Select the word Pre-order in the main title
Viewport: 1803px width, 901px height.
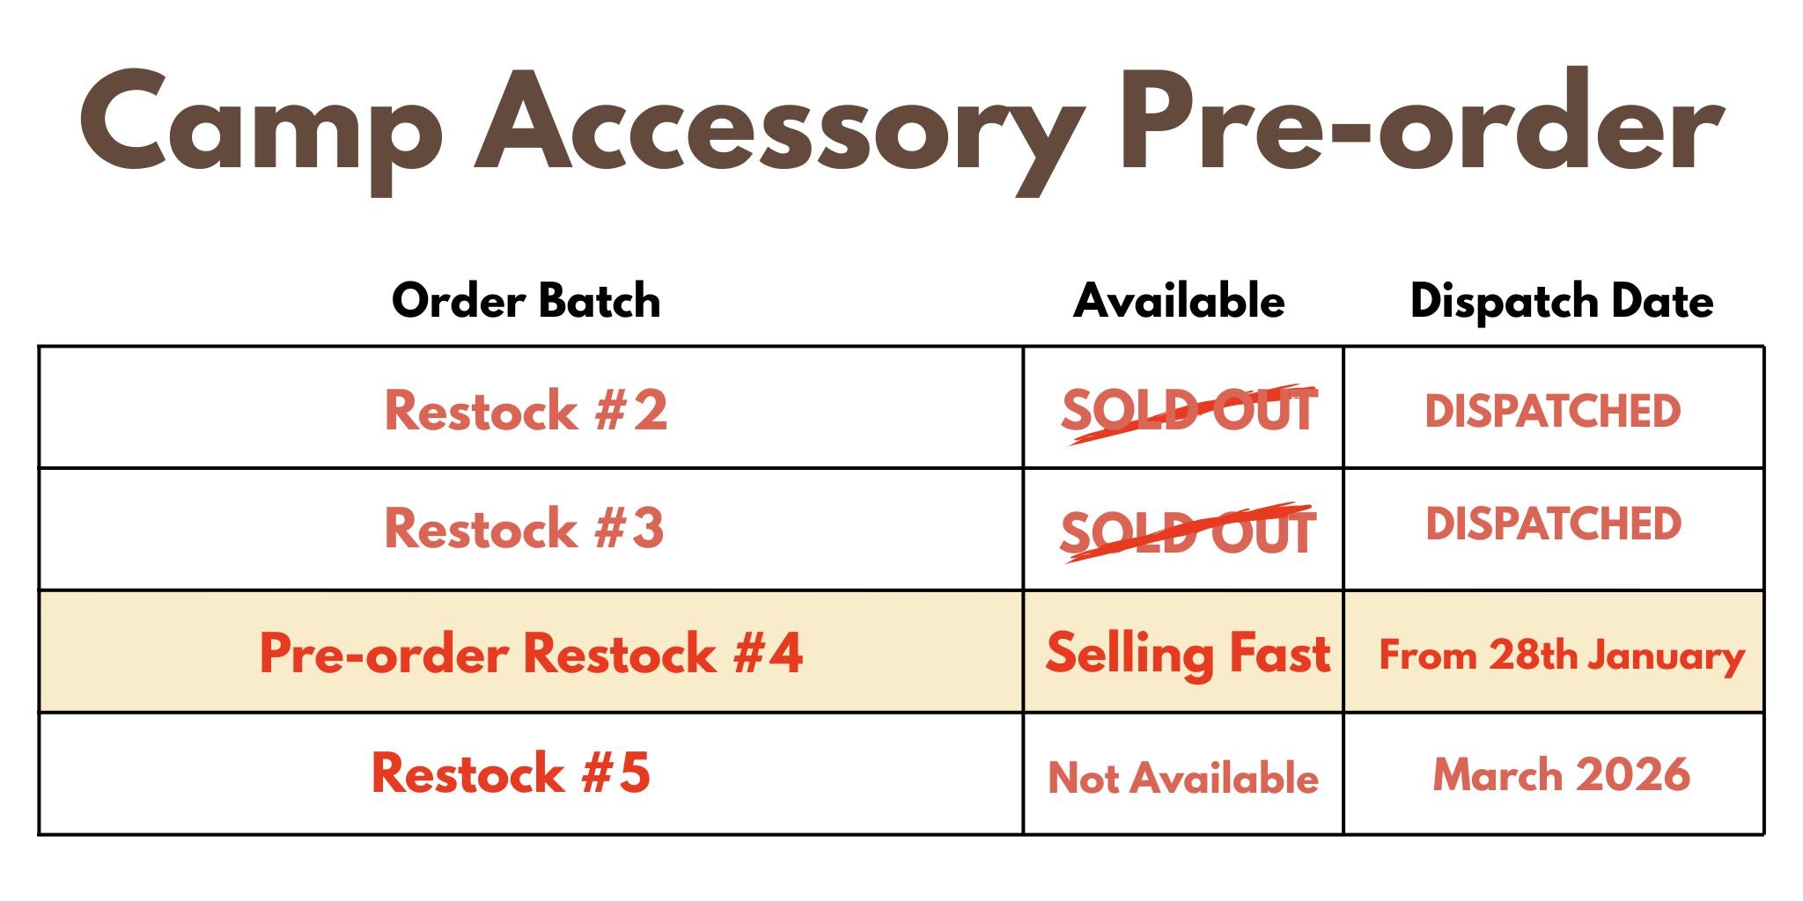pyautogui.click(x=1420, y=119)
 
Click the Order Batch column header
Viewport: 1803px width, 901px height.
pyautogui.click(x=526, y=301)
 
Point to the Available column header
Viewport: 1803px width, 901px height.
pyautogui.click(x=1179, y=301)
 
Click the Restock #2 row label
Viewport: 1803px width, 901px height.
pyautogui.click(x=526, y=410)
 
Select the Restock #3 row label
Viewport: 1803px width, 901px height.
pyautogui.click(x=524, y=528)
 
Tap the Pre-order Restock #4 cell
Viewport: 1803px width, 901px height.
pyautogui.click(x=531, y=653)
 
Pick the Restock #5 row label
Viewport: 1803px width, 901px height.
pyautogui.click(x=511, y=773)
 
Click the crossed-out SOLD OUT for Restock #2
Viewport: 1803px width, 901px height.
pyautogui.click(x=1189, y=412)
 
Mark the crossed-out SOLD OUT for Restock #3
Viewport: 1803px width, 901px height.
pyautogui.click(x=1188, y=532)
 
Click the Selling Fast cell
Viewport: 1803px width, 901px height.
pyautogui.click(x=1188, y=655)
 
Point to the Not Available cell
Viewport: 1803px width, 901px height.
pyautogui.click(x=1183, y=778)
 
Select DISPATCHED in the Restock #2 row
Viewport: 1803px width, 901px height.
pyautogui.click(x=1553, y=411)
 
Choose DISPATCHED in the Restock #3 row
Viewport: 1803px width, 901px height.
pyautogui.click(x=1554, y=524)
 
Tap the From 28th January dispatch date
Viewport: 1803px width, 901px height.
pyautogui.click(x=1562, y=656)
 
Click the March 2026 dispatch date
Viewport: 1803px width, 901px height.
pyautogui.click(x=1562, y=775)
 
